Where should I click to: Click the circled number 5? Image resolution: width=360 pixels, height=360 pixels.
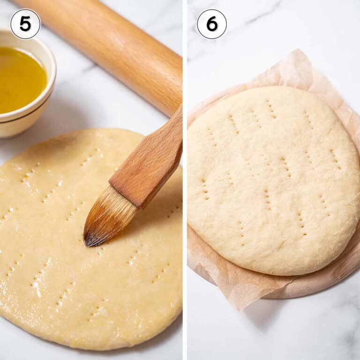tap(25, 24)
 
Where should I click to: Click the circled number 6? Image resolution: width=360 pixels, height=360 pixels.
tap(211, 24)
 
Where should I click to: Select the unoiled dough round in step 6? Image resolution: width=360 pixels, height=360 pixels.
tap(272, 183)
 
